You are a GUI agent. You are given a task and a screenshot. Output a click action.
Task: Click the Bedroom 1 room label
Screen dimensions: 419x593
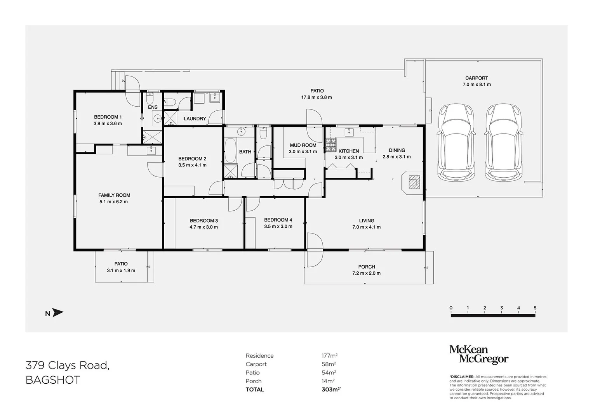[x=108, y=117]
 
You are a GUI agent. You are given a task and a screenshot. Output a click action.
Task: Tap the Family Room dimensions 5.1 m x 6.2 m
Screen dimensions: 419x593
[x=114, y=202]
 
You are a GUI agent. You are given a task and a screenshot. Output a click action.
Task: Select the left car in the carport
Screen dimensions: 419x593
[x=456, y=143]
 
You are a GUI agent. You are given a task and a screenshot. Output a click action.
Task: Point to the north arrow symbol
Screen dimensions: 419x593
[x=57, y=313]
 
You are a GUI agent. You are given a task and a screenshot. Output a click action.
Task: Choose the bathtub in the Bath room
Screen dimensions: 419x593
[x=230, y=151]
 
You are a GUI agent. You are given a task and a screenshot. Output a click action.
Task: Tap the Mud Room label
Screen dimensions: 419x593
[x=303, y=145]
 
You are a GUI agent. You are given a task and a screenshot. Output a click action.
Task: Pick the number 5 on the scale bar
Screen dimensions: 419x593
[x=535, y=308]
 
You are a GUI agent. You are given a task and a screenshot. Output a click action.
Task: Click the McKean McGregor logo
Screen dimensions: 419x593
[x=478, y=355]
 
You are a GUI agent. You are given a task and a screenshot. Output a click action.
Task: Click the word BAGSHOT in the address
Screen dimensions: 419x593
[x=52, y=380]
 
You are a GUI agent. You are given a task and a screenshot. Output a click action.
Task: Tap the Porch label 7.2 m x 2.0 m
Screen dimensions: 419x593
[x=367, y=273]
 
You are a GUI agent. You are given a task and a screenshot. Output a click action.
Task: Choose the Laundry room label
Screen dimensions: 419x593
[x=195, y=119]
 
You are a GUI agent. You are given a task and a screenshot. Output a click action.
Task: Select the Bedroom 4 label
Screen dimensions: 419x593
[x=278, y=220]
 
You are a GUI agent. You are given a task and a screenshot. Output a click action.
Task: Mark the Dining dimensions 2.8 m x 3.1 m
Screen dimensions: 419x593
[x=396, y=157]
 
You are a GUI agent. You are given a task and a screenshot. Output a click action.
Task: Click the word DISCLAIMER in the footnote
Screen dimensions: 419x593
[x=462, y=377]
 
